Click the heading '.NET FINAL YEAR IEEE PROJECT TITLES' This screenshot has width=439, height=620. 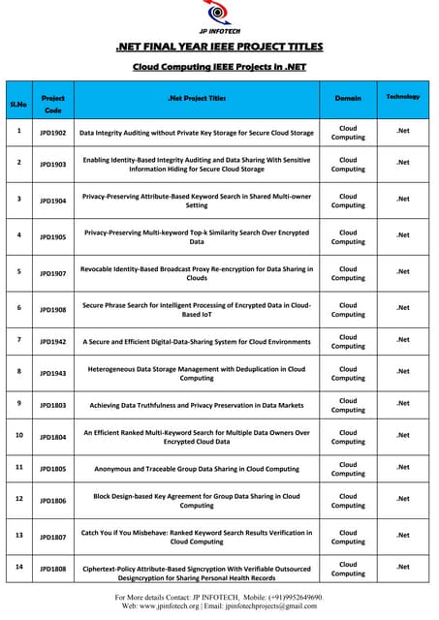[x=219, y=46]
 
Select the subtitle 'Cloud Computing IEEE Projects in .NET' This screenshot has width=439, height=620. [x=219, y=68]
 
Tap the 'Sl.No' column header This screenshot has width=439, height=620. [x=19, y=102]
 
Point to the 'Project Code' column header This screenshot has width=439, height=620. [x=53, y=104]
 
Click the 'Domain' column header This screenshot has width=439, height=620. [x=348, y=98]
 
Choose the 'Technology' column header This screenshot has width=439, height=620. [x=403, y=97]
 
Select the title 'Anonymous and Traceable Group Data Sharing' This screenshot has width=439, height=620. [x=197, y=469]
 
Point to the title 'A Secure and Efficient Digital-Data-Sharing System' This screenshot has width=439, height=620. [x=197, y=342]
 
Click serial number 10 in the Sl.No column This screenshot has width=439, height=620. [x=19, y=435]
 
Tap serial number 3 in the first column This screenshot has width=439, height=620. [x=19, y=199]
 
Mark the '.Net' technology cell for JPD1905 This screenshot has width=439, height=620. [x=403, y=235]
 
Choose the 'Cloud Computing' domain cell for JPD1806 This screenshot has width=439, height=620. [x=348, y=500]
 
